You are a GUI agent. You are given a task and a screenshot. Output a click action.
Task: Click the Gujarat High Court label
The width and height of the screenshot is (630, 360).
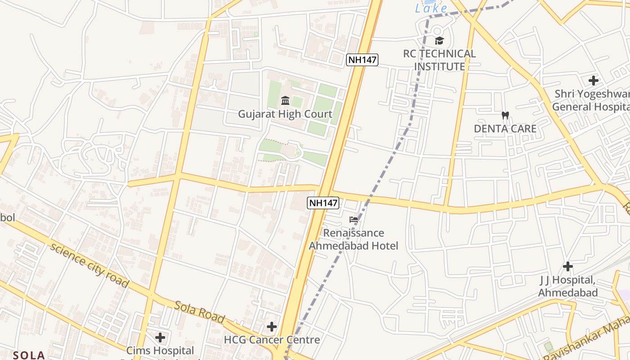pyautogui.click(x=285, y=114)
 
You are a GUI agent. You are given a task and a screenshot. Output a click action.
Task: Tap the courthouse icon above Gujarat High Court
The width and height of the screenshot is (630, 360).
pyautogui.click(x=285, y=100)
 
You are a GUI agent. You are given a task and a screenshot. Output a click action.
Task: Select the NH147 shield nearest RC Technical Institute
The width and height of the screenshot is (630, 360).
pyautogui.click(x=362, y=60)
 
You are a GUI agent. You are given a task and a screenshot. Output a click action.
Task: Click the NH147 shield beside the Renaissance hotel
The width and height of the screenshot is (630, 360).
pyautogui.click(x=323, y=203)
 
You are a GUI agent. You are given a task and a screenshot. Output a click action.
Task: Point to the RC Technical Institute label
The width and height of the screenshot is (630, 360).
pyautogui.click(x=439, y=60)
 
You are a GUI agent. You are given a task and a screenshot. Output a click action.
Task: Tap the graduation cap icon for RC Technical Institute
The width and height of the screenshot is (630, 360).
pyautogui.click(x=439, y=41)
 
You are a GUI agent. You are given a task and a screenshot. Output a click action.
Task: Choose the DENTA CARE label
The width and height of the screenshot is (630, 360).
pyautogui.click(x=505, y=129)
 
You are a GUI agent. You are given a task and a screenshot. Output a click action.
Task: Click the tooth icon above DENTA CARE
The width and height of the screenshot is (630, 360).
pyautogui.click(x=505, y=115)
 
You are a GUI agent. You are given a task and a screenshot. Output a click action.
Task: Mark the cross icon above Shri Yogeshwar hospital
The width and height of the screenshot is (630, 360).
pyautogui.click(x=594, y=81)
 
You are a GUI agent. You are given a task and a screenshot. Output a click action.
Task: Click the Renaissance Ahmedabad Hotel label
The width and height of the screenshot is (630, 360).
pyautogui.click(x=354, y=239)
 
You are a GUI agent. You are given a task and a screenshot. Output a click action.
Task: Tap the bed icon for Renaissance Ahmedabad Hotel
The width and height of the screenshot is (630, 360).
pyautogui.click(x=354, y=220)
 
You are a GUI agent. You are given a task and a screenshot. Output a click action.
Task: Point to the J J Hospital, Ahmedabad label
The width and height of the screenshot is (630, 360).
pyautogui.click(x=568, y=286)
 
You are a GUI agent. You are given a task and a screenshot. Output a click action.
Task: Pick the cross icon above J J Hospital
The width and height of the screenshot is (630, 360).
pyautogui.click(x=568, y=266)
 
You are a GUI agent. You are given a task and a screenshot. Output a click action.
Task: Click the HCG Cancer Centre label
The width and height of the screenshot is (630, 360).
pyautogui.click(x=272, y=340)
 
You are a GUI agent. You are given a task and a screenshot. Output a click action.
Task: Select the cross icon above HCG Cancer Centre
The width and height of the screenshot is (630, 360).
pyautogui.click(x=271, y=326)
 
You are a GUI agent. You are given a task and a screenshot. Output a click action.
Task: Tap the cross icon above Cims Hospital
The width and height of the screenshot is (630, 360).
pyautogui.click(x=160, y=337)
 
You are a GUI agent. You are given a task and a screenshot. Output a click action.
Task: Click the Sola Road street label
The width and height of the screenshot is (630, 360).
pyautogui.click(x=199, y=311)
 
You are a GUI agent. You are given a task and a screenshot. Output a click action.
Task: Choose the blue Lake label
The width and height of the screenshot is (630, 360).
pyautogui.click(x=431, y=8)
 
